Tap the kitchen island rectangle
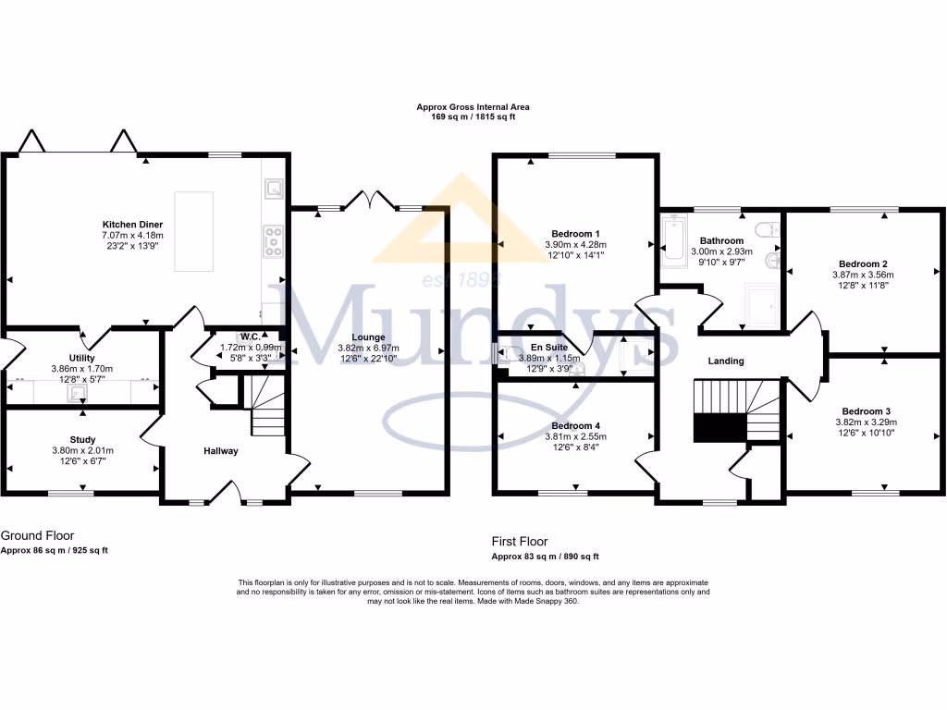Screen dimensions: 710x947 pos(193,230)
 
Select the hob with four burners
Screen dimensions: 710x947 pos(272,240)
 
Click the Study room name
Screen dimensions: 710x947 pos(82,440)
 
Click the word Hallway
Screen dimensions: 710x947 pos(221,451)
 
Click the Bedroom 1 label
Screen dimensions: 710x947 pos(575,233)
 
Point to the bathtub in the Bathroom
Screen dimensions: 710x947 pos(673,240)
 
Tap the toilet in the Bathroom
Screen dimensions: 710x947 pos(767,231)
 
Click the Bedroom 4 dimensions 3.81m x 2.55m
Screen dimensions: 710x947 pos(575,437)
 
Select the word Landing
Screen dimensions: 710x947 pos(725,361)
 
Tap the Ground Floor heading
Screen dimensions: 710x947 pos(37,535)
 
